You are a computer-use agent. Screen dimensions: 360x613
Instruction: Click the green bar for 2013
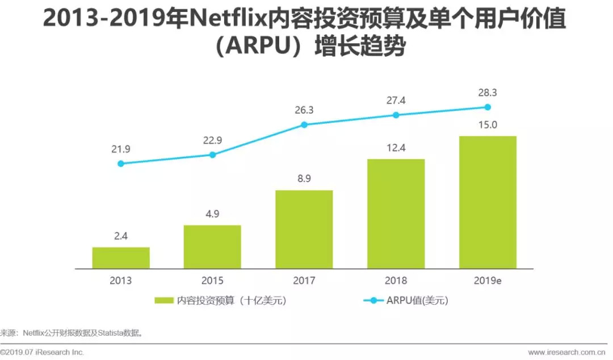click(x=121, y=258)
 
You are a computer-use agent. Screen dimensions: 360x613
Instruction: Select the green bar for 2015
click(x=212, y=246)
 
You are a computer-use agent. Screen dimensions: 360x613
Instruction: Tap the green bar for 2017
click(x=304, y=229)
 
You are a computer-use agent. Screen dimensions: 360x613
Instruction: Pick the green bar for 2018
click(x=396, y=214)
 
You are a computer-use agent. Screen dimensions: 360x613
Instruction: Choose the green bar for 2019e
click(x=488, y=202)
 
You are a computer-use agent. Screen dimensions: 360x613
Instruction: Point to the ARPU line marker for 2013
click(x=121, y=164)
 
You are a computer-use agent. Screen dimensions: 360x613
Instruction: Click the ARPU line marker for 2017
click(x=304, y=124)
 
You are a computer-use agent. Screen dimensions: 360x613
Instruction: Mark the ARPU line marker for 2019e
click(x=488, y=107)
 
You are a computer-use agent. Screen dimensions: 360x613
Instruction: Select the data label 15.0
click(x=488, y=125)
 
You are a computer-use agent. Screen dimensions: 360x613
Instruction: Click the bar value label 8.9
click(x=304, y=179)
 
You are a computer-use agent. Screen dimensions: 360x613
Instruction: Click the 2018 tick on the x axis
click(x=396, y=281)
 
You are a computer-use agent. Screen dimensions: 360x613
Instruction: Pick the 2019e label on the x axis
click(x=488, y=281)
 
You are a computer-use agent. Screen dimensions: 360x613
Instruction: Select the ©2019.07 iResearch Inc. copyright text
click(x=43, y=353)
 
